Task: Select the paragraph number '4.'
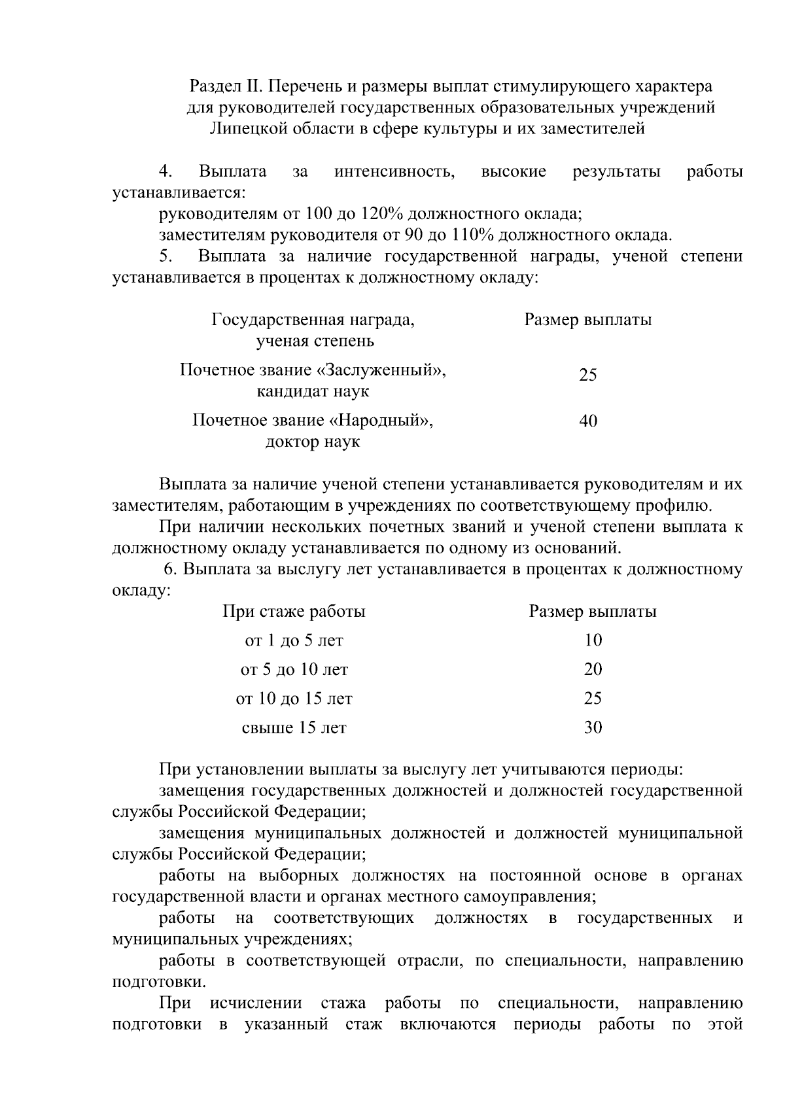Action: click(166, 172)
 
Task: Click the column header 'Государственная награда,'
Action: click(313, 320)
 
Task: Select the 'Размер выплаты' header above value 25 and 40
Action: click(588, 320)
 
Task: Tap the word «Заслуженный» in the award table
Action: click(381, 370)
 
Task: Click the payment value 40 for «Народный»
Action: click(588, 421)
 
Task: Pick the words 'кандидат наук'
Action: click(313, 392)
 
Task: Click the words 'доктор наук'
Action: click(313, 442)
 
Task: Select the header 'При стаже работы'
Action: click(294, 612)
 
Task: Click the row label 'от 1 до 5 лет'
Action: click(294, 640)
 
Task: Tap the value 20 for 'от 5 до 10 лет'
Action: click(593, 669)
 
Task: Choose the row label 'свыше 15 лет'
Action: click(294, 727)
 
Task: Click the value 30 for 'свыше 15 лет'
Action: click(593, 727)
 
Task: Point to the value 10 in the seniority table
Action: click(593, 640)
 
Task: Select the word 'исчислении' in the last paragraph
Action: click(256, 1003)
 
